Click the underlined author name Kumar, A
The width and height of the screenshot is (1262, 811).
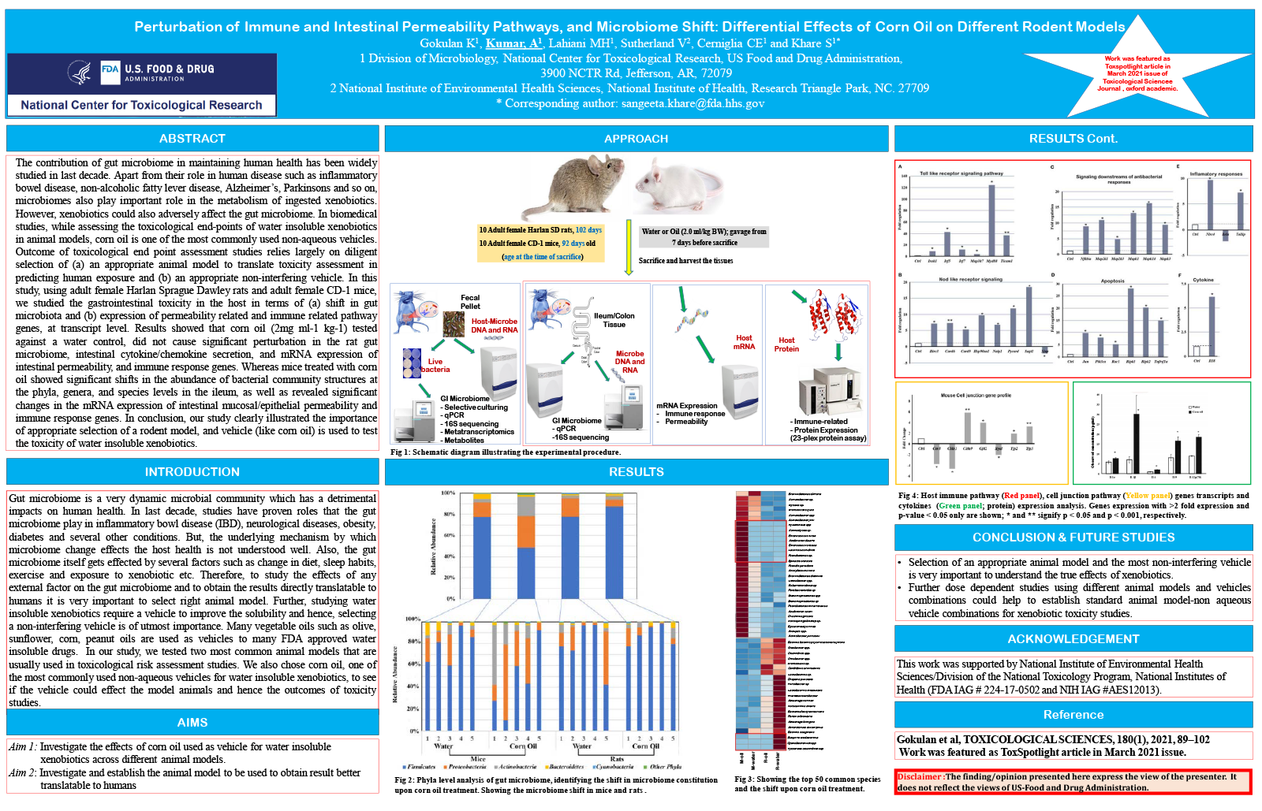tap(513, 43)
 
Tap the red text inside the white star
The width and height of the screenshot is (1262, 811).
tap(1137, 73)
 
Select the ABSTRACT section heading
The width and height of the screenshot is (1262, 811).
tap(192, 139)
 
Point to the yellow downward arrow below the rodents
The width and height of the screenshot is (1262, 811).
tap(629, 247)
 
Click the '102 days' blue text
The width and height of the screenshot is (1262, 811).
tap(588, 230)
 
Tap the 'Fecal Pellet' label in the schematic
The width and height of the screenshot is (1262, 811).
tap(470, 302)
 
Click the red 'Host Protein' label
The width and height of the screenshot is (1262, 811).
tap(786, 344)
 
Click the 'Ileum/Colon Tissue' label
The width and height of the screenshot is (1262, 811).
tap(614, 320)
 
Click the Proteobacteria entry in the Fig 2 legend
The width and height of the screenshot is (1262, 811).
tap(467, 766)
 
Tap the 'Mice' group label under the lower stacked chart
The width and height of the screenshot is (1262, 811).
tap(478, 759)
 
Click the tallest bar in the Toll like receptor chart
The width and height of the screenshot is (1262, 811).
tap(991, 221)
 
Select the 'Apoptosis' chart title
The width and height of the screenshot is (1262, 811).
tap(1112, 281)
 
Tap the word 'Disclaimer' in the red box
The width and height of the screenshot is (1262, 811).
tap(920, 776)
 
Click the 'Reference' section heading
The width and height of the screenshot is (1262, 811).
tap(1073, 715)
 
